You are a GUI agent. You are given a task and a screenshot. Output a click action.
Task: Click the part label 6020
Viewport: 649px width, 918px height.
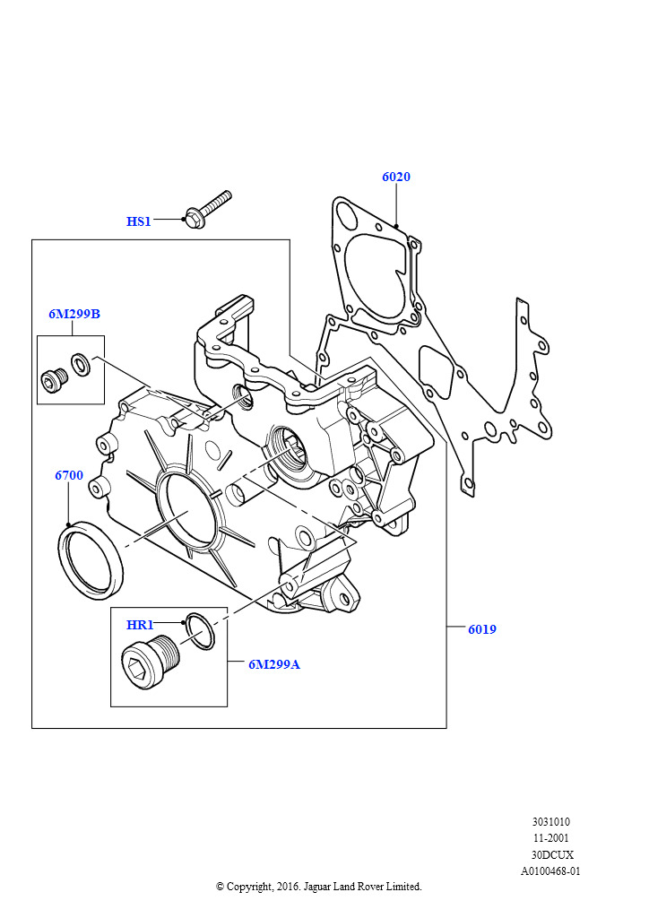click(x=395, y=178)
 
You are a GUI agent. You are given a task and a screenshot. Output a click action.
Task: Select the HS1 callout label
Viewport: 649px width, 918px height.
click(x=139, y=221)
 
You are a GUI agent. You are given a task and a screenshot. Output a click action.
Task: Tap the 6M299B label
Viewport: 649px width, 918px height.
click(x=74, y=314)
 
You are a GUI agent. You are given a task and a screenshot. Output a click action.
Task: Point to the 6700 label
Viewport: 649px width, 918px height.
click(x=69, y=475)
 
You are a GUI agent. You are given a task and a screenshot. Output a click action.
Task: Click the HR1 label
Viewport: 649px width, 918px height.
click(x=140, y=625)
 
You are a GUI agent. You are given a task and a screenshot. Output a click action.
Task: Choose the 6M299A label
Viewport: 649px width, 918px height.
click(x=274, y=664)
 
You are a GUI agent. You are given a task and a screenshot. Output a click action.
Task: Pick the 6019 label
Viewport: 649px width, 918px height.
click(x=481, y=629)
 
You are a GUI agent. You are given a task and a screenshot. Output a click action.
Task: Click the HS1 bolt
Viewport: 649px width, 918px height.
click(x=207, y=208)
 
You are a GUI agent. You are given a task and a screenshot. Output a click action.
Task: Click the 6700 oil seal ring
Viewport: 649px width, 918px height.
click(x=91, y=560)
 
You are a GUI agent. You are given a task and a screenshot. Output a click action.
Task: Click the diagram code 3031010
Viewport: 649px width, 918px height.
click(x=550, y=821)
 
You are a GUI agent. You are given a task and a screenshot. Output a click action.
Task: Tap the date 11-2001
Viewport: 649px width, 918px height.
click(x=550, y=837)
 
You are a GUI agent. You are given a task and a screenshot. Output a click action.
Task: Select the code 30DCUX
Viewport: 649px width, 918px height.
click(x=550, y=853)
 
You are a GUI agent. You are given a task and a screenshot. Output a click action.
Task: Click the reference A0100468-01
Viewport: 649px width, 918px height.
click(x=550, y=870)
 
